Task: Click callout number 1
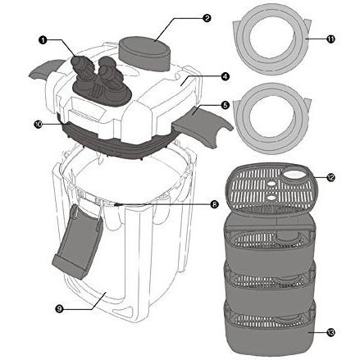pyautogui.click(x=42, y=40)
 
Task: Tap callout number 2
pyautogui.click(x=207, y=18)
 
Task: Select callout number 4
pyautogui.click(x=225, y=77)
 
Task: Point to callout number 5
pyautogui.click(x=225, y=105)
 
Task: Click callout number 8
pyautogui.click(x=215, y=204)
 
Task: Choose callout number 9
pyautogui.click(x=59, y=309)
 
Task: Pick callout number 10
pyautogui.click(x=38, y=124)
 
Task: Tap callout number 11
pyautogui.click(x=330, y=39)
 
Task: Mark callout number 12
pyautogui.click(x=330, y=178)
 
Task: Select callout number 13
pyautogui.click(x=330, y=332)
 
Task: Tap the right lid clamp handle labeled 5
pyautogui.click(x=202, y=125)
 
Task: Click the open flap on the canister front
pyautogui.click(x=77, y=244)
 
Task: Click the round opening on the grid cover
pyautogui.click(x=294, y=175)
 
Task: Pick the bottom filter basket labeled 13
pyautogui.click(x=269, y=328)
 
